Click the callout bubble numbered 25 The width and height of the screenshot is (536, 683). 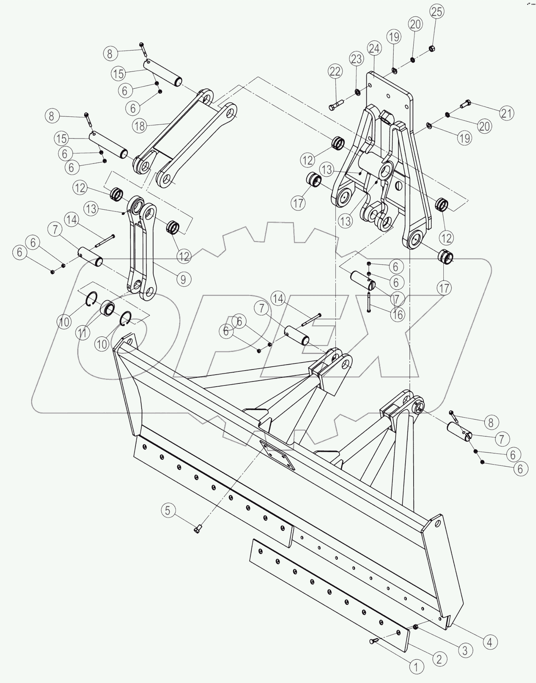click(437, 12)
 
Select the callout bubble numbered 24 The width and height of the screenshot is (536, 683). click(374, 49)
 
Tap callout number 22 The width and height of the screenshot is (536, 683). click(335, 72)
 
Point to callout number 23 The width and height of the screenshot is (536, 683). click(356, 59)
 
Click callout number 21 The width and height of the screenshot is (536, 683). click(507, 113)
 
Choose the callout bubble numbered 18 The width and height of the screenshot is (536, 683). click(139, 126)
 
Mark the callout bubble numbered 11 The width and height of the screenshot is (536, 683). click(82, 333)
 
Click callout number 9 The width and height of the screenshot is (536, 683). click(183, 279)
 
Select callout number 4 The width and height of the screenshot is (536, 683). click(489, 642)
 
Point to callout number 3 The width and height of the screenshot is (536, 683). click(465, 650)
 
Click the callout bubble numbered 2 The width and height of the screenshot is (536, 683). click(439, 659)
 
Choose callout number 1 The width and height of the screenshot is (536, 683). click(416, 667)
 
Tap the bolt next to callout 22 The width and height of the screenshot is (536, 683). click(334, 106)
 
